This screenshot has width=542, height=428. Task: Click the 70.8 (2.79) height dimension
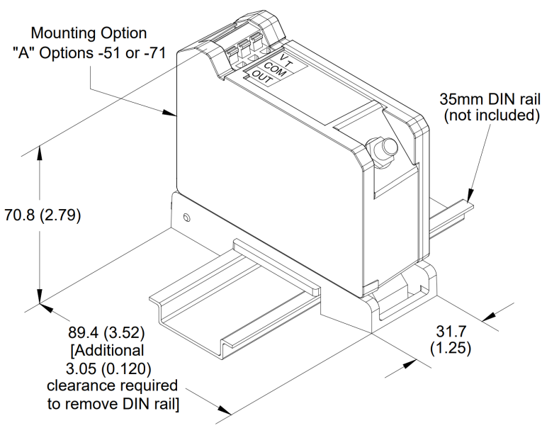43,215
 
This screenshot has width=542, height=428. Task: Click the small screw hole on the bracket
186,215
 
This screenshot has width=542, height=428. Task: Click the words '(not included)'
492,116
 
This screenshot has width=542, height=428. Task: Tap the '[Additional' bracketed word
107,350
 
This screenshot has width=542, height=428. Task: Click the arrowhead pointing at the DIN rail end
468,195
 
